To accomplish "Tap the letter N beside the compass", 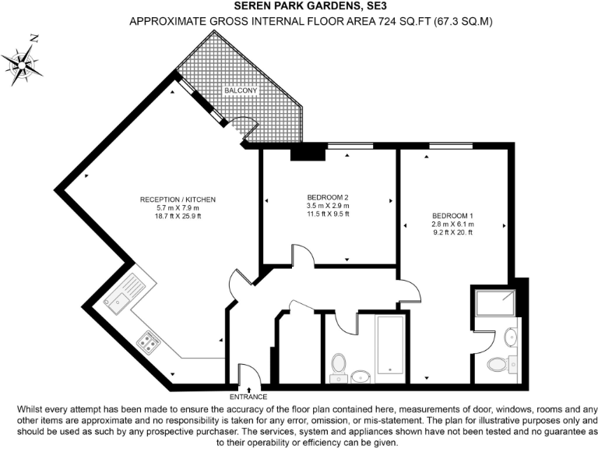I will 33,38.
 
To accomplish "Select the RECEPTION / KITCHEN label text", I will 178,200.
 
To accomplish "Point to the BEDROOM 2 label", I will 328,197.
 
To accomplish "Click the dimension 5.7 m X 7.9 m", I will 178,208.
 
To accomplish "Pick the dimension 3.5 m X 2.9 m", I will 328,205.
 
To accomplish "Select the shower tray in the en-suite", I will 494,301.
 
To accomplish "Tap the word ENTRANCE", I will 248,397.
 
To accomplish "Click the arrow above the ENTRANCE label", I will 248,388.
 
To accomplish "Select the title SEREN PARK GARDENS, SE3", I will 299,6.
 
